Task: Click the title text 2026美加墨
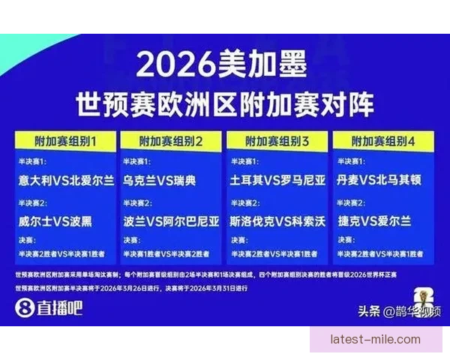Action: point(223,67)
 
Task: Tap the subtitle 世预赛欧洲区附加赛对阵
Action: point(224,103)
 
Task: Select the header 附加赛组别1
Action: point(65,140)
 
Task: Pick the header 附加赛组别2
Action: point(172,140)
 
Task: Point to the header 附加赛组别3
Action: point(277,140)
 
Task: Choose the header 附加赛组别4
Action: point(383,140)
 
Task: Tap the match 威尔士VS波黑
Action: point(57,221)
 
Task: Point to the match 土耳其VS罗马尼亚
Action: point(277,180)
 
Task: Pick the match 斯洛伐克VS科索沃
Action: point(277,221)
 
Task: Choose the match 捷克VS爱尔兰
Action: point(375,221)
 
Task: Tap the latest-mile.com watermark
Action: point(375,339)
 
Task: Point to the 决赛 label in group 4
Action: point(344,240)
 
